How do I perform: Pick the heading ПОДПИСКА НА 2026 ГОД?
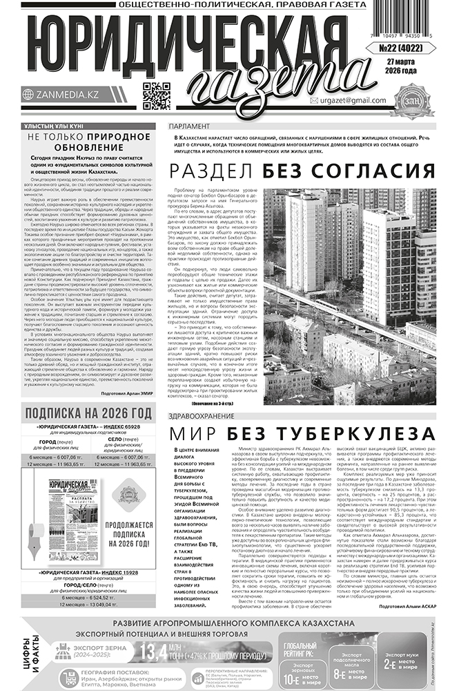pyautogui.click(x=88, y=413)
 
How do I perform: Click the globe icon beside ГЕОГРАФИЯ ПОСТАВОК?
pyautogui.click(x=67, y=675)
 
